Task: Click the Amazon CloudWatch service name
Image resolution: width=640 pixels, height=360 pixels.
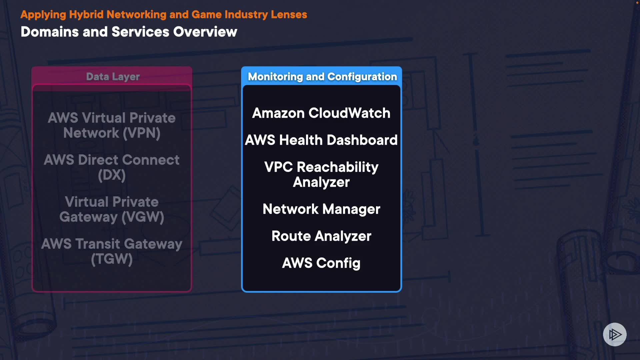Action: point(321,113)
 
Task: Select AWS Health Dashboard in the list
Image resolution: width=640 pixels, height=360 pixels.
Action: point(321,140)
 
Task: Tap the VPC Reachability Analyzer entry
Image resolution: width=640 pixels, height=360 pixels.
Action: point(321,174)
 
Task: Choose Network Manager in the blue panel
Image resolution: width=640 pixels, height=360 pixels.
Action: point(321,209)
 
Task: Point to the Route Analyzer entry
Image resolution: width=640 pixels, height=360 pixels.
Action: point(321,236)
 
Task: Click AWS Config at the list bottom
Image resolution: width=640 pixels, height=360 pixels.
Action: point(321,263)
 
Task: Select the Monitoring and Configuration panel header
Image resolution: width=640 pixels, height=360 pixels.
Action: point(322,77)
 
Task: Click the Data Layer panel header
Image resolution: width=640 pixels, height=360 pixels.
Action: point(113,77)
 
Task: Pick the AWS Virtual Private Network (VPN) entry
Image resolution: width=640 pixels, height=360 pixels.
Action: point(112,125)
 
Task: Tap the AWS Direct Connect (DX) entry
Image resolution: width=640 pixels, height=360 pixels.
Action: point(112,167)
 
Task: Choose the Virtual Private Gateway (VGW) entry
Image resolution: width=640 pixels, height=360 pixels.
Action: point(112,209)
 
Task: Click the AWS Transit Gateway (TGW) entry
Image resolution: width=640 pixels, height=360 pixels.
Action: point(112,251)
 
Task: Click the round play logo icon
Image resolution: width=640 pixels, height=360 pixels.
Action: point(615,334)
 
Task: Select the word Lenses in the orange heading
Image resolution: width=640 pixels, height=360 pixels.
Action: point(289,15)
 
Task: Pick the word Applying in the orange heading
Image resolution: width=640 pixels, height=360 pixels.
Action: point(43,15)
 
